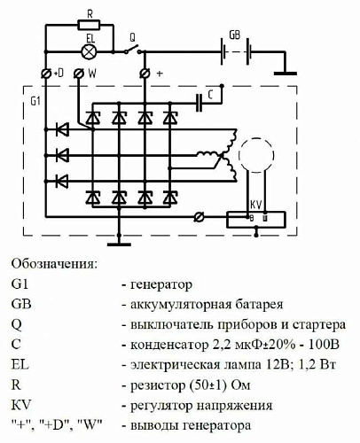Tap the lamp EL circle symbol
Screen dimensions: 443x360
click(89, 51)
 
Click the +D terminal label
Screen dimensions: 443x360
click(61, 74)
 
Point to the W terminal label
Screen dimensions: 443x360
click(92, 74)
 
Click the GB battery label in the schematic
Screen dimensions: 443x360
click(234, 35)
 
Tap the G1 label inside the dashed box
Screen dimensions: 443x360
click(35, 102)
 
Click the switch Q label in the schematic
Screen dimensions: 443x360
click(132, 38)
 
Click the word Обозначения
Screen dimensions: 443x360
click(55, 263)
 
